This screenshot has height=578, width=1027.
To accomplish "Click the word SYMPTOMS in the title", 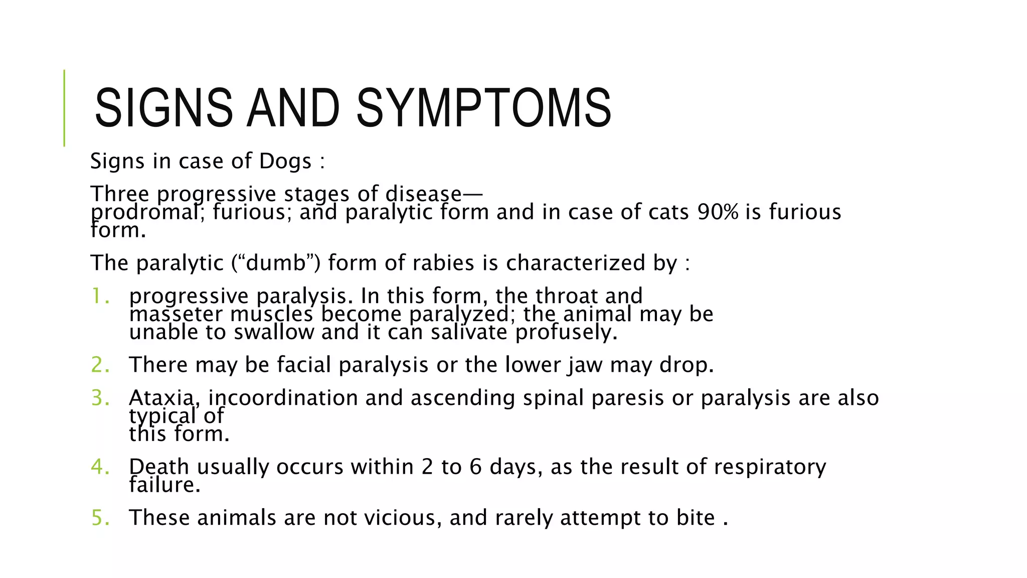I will tap(483, 108).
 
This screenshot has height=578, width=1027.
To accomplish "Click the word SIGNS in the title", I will tap(163, 108).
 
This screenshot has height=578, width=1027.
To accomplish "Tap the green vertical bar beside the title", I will tap(64, 108).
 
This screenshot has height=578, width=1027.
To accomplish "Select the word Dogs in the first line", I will tap(285, 162).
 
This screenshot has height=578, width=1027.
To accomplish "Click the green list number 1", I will tap(100, 296).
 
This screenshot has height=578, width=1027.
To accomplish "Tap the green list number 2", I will tap(100, 365).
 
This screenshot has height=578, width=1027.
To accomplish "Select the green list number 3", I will tap(100, 398).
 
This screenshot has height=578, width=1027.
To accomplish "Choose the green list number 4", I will tap(100, 467).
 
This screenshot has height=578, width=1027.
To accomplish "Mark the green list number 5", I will tap(100, 518).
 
